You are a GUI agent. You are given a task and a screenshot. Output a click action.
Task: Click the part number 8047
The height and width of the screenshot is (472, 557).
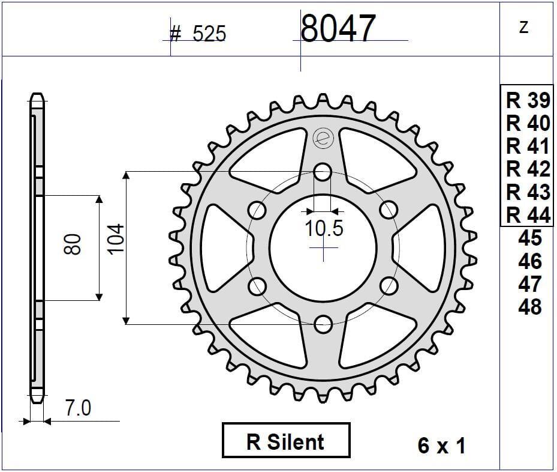tap(338, 29)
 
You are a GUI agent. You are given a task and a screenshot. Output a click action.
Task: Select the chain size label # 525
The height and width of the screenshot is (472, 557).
tap(198, 34)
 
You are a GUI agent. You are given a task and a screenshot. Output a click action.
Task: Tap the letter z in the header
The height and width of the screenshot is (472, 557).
tap(524, 27)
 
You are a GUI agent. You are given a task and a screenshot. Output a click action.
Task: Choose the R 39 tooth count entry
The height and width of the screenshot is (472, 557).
tap(528, 100)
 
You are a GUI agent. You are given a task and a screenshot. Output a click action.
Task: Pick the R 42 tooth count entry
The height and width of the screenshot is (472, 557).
tap(528, 169)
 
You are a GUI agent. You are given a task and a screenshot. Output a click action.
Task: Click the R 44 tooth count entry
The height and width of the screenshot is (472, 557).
tap(528, 214)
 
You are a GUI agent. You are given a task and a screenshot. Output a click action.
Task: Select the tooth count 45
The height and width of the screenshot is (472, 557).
tap(529, 238)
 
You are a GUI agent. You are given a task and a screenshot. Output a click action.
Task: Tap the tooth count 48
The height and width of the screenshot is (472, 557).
tap(529, 307)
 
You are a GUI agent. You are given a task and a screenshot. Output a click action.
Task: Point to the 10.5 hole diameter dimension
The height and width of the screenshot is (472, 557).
tap(324, 229)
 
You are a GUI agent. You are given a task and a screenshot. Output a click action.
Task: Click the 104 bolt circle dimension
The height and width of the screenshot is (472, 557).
tap(116, 238)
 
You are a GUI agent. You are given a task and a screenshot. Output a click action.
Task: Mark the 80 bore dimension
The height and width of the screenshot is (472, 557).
tap(73, 244)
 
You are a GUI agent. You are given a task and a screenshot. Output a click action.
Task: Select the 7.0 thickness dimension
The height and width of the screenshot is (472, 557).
tap(78, 408)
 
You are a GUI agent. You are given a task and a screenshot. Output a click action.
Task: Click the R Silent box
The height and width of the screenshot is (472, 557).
tap(285, 442)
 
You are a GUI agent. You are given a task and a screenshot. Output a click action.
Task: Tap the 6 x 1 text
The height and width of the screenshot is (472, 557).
tap(441, 446)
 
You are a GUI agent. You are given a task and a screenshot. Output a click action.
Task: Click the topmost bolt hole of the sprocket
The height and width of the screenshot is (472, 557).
tap(323, 172)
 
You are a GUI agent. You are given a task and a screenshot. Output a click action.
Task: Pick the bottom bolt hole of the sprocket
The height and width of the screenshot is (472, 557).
tap(323, 324)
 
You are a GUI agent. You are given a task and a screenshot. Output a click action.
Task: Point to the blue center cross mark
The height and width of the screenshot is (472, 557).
tap(323, 248)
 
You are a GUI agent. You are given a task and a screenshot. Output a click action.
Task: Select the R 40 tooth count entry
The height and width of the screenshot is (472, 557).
tap(528, 123)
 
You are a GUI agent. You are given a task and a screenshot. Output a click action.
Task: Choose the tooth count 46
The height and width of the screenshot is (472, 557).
tap(529, 261)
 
